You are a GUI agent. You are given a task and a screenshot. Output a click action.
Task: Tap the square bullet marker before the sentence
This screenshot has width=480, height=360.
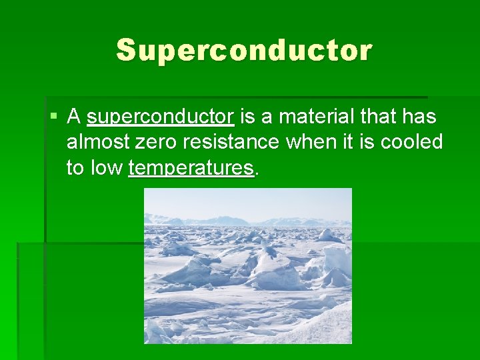pos(53,117)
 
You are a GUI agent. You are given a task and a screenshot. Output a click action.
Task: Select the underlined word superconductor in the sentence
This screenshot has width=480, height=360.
pos(160,117)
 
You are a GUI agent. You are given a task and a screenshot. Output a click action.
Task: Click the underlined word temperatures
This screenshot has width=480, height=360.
pos(191,167)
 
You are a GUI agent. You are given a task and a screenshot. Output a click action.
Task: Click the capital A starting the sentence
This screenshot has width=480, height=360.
pos(74,117)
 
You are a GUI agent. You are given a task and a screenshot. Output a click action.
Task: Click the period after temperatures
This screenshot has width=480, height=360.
pos(257,172)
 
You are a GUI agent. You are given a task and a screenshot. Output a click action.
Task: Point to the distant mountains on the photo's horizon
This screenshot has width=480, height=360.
pos(227,220)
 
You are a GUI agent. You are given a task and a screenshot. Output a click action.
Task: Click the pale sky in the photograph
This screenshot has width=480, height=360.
pos(248,201)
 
